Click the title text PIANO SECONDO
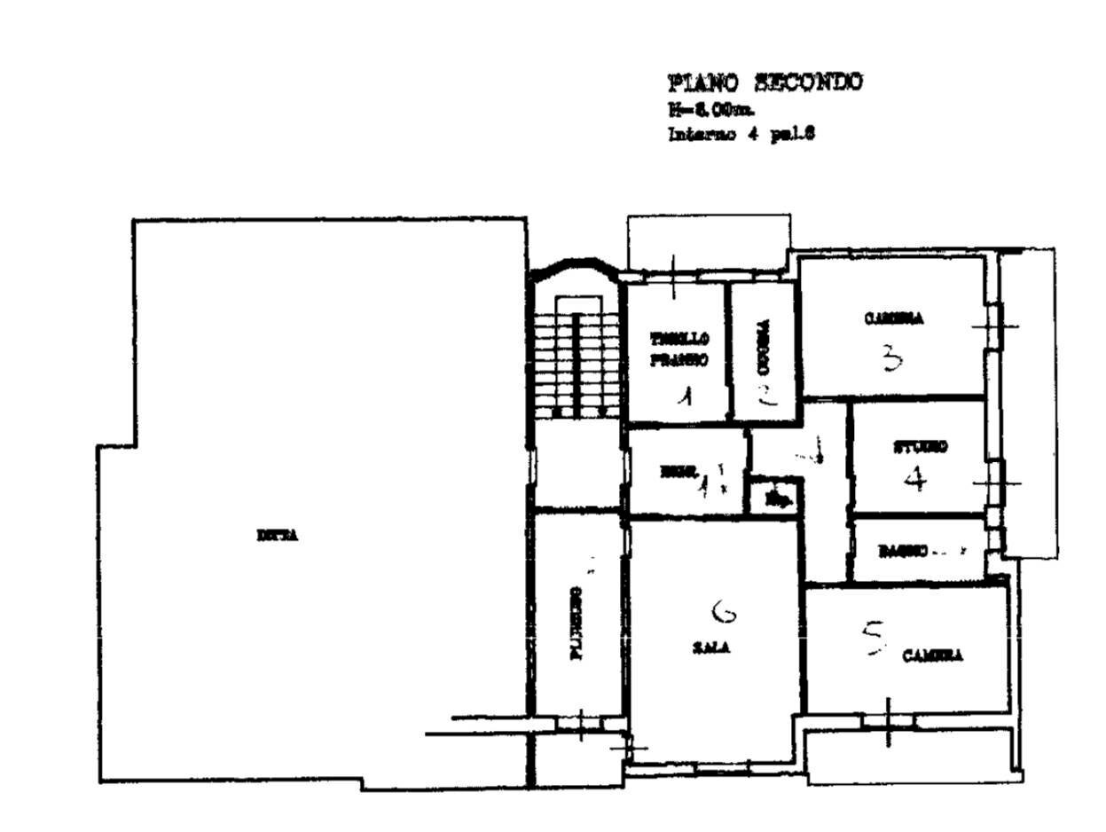click(x=764, y=82)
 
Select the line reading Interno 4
click(x=741, y=135)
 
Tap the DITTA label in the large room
click(x=277, y=536)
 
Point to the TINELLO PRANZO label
click(x=679, y=349)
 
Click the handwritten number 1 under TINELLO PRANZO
click(x=684, y=396)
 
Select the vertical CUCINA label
click(x=765, y=347)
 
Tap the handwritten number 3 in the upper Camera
click(x=891, y=358)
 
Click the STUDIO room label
click(x=919, y=447)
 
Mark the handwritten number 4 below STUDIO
click(x=915, y=480)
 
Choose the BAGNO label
click(x=902, y=551)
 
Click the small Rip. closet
click(x=776, y=498)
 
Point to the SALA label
click(x=710, y=648)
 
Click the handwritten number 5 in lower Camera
click(x=874, y=639)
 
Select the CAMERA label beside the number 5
click(x=932, y=656)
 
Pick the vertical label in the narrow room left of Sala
click(x=577, y=623)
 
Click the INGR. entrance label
click(x=681, y=472)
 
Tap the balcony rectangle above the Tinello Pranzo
click(x=708, y=241)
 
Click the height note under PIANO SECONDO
click(x=711, y=110)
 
